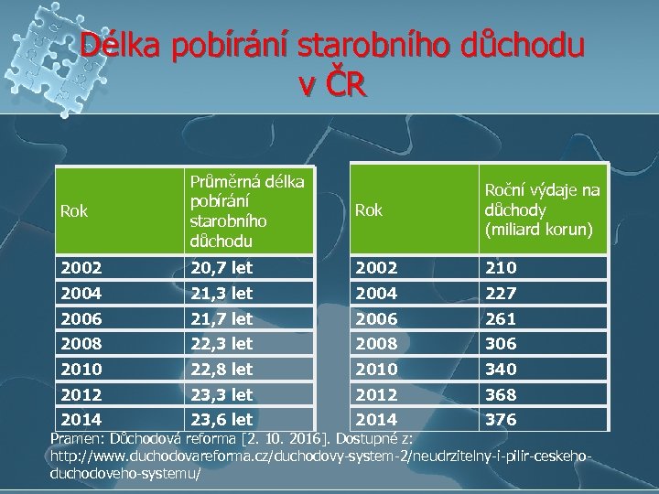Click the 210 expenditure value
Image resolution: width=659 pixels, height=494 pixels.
coord(502,267)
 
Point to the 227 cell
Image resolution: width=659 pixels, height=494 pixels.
coord(502,293)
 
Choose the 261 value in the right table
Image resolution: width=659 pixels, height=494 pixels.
coord(502,318)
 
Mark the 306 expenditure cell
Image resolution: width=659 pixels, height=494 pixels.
coord(502,343)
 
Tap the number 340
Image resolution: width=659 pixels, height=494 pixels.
coord(502,369)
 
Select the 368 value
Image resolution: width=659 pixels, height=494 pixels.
coord(502,394)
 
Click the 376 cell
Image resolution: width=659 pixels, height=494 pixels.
coord(502,420)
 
